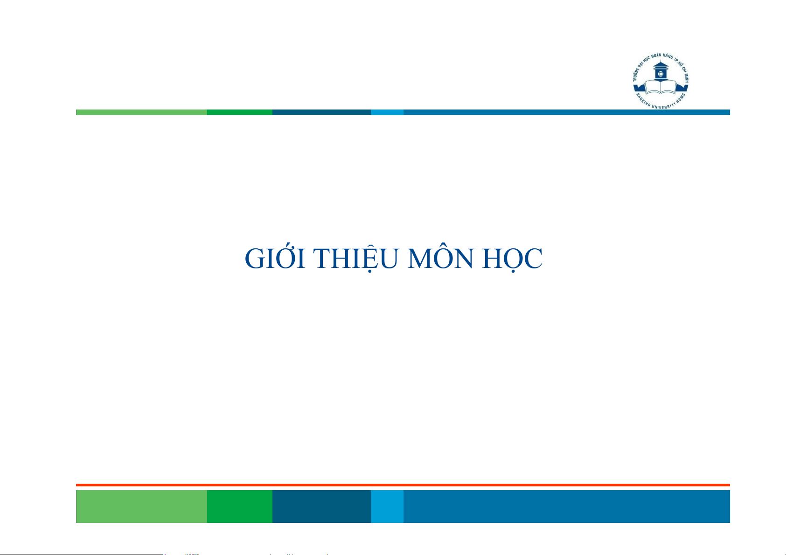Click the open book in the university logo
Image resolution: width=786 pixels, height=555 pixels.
[x=661, y=87]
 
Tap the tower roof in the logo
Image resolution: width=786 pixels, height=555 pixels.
[x=661, y=65]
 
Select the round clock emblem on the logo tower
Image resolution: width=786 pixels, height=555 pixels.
[x=661, y=74]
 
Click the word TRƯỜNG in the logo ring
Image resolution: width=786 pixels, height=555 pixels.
[x=637, y=72]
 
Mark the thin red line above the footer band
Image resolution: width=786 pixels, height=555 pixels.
[x=403, y=485]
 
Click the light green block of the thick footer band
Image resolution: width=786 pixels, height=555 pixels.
[x=141, y=506]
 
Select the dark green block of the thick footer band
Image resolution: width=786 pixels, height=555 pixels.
[x=240, y=506]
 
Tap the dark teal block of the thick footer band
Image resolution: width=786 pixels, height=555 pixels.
[x=321, y=506]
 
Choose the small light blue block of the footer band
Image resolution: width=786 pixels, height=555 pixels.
[x=387, y=506]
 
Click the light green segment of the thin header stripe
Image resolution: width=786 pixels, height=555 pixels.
[x=141, y=112]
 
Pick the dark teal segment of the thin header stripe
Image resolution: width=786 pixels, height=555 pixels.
[x=321, y=112]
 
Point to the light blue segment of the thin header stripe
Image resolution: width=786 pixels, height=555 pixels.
[x=387, y=112]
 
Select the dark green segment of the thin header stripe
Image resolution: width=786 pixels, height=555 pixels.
[x=240, y=112]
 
